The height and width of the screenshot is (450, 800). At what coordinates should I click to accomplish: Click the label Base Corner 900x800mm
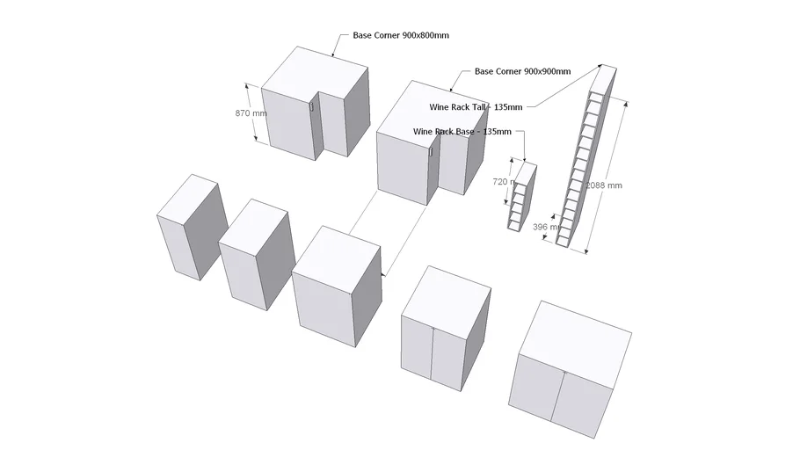[x=401, y=35]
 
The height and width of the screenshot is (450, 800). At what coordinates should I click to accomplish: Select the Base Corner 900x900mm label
[x=522, y=71]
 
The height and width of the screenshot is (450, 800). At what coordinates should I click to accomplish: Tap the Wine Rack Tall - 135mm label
[x=476, y=107]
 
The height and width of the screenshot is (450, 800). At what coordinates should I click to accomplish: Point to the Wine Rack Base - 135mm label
[x=462, y=131]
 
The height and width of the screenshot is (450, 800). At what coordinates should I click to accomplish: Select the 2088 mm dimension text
[x=604, y=185]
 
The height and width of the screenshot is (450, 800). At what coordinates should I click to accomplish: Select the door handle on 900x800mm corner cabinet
[x=311, y=105]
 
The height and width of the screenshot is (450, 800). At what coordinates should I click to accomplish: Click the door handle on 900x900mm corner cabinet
[x=431, y=152]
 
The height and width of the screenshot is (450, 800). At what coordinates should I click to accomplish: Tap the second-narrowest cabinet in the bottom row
[x=254, y=256]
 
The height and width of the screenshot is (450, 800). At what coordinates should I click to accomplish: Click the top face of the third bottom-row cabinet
[x=337, y=252]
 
